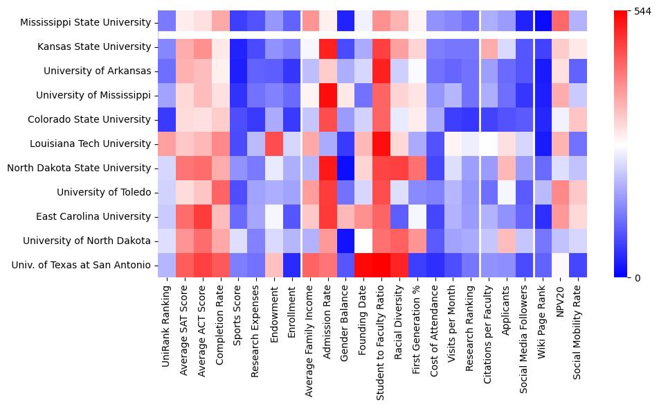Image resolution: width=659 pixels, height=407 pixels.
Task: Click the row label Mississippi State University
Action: (x=86, y=22)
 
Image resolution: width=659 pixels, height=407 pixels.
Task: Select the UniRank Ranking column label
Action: (x=167, y=312)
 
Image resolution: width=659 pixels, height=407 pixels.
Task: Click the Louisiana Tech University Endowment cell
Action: (x=274, y=144)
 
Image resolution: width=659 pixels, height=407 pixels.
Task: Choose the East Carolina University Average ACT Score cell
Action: (x=202, y=216)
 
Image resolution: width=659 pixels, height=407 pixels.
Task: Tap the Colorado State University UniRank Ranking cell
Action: (x=166, y=119)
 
